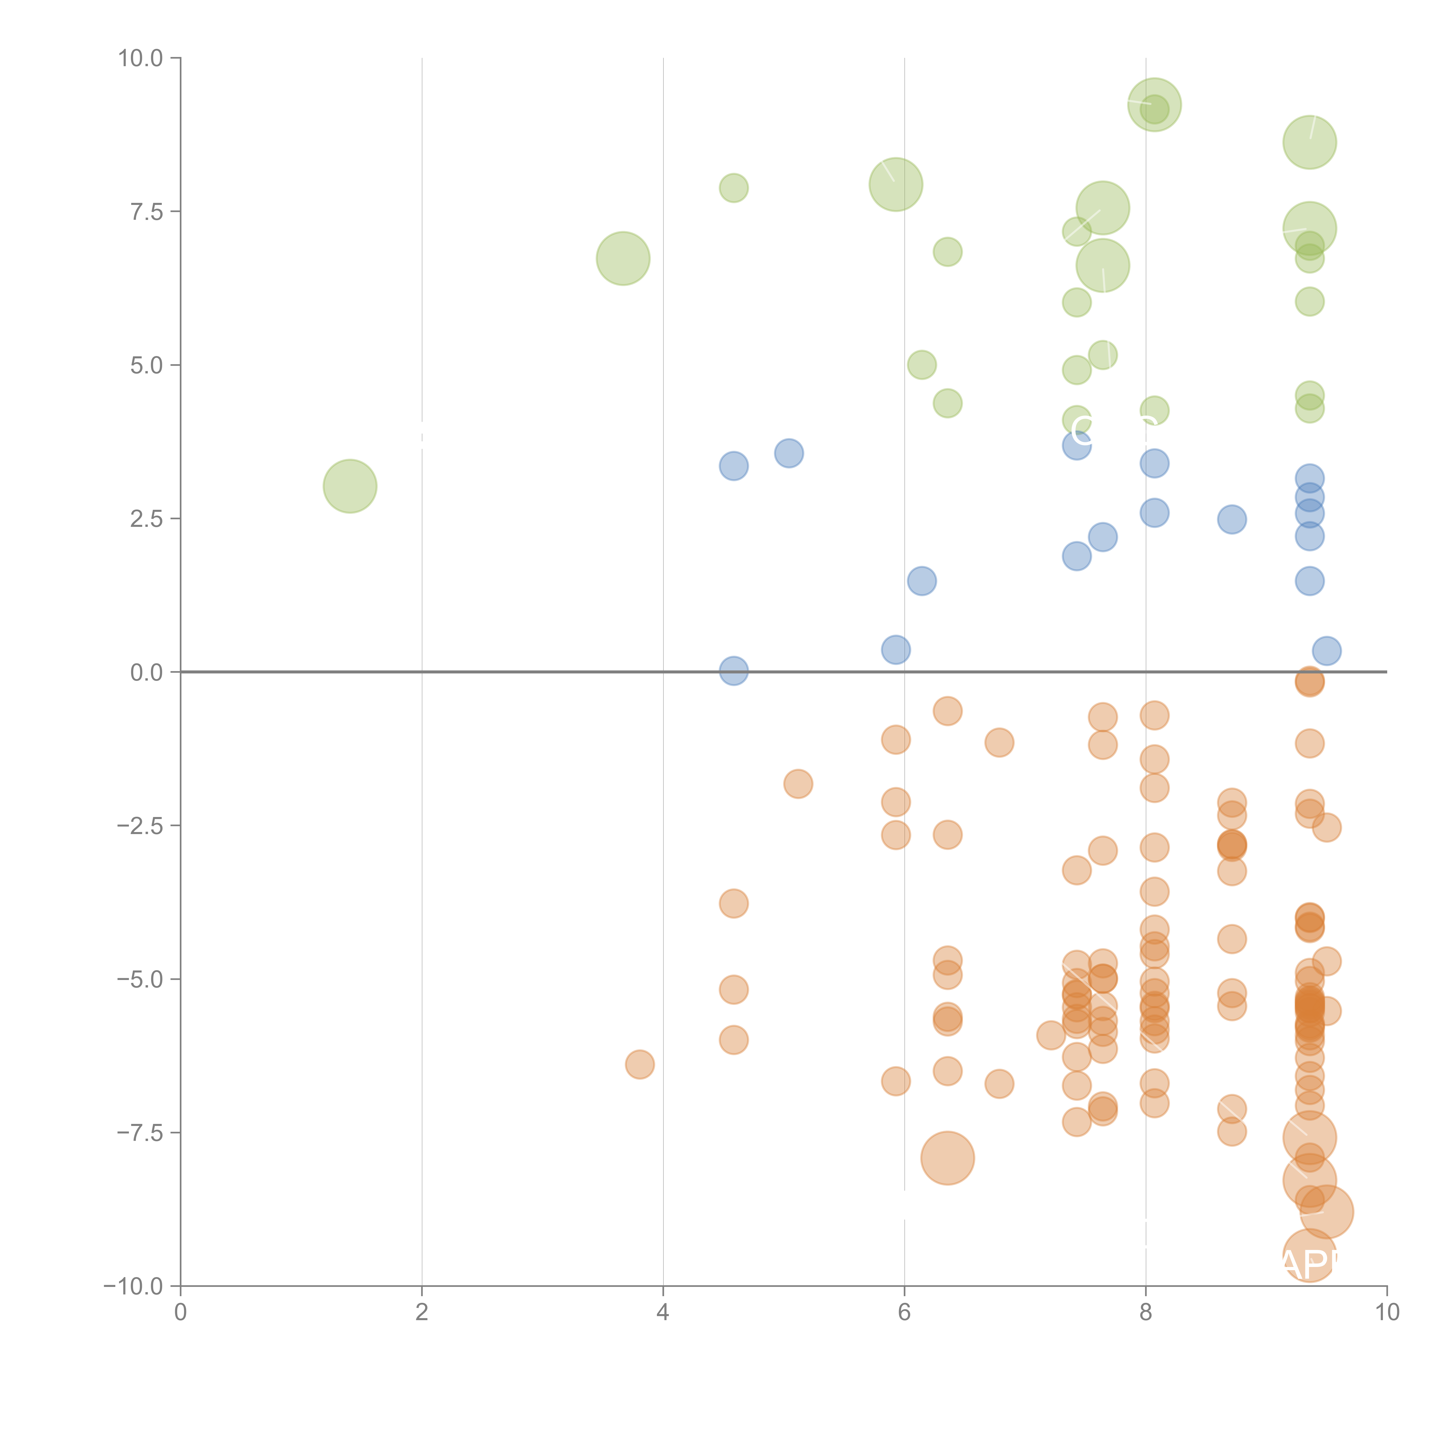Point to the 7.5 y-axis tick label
pyautogui.click(x=146, y=212)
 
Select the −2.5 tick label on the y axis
pyautogui.click(x=140, y=826)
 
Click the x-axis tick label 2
pyautogui.click(x=422, y=1313)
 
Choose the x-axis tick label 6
pyautogui.click(x=904, y=1313)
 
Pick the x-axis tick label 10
pyautogui.click(x=1387, y=1313)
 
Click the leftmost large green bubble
pyautogui.click(x=350, y=486)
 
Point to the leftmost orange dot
pyautogui.click(x=640, y=1064)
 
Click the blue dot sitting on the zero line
pyautogui.click(x=734, y=671)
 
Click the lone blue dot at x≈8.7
pyautogui.click(x=1232, y=519)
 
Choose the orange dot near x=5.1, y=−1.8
pyautogui.click(x=798, y=784)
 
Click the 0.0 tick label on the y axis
pyautogui.click(x=146, y=673)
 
